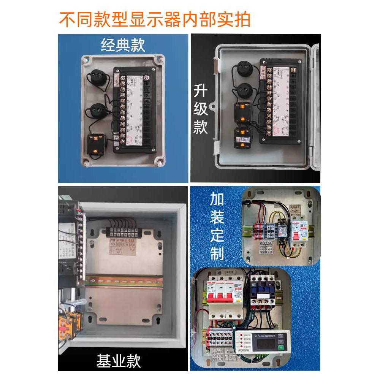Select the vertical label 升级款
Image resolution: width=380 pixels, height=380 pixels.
[x=201, y=110]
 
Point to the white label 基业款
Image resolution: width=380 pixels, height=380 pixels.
[x=119, y=361]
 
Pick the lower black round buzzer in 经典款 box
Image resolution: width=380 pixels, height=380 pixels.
[x=99, y=110]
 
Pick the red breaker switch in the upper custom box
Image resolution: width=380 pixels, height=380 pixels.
[x=295, y=234]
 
